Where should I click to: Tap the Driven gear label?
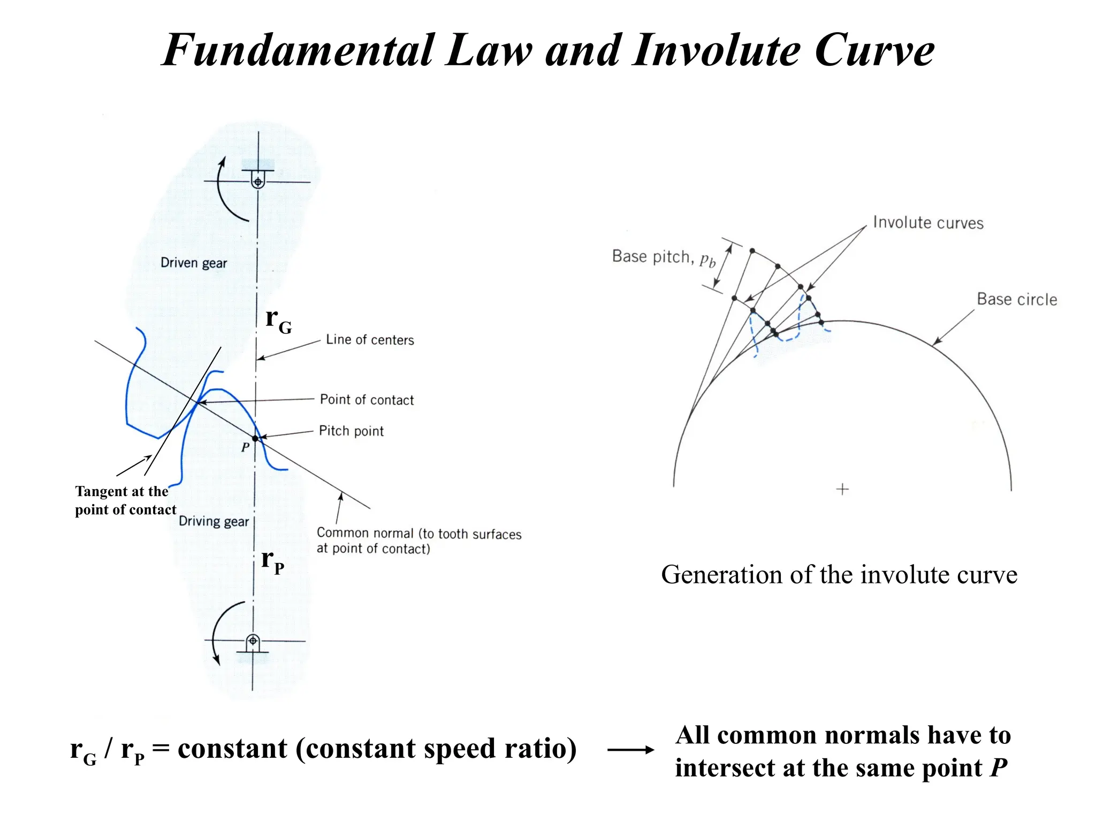click(194, 263)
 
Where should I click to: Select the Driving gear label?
click(214, 521)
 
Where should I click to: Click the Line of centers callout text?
click(370, 340)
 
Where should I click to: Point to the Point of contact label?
click(367, 400)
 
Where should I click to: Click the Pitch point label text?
click(351, 431)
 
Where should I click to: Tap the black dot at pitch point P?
click(255, 438)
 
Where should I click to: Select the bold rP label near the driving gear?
click(272, 561)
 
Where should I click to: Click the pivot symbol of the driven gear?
click(258, 181)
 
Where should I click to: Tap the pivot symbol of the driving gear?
click(253, 641)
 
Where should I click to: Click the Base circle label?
click(1017, 299)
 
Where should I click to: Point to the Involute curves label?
click(928, 223)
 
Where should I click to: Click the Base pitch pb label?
click(663, 257)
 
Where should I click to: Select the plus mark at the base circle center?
click(842, 489)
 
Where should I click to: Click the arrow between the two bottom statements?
click(630, 750)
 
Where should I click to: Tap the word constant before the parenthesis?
click(232, 748)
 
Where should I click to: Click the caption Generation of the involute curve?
click(839, 575)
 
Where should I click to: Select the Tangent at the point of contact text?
click(125, 500)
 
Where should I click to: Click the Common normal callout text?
click(418, 541)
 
